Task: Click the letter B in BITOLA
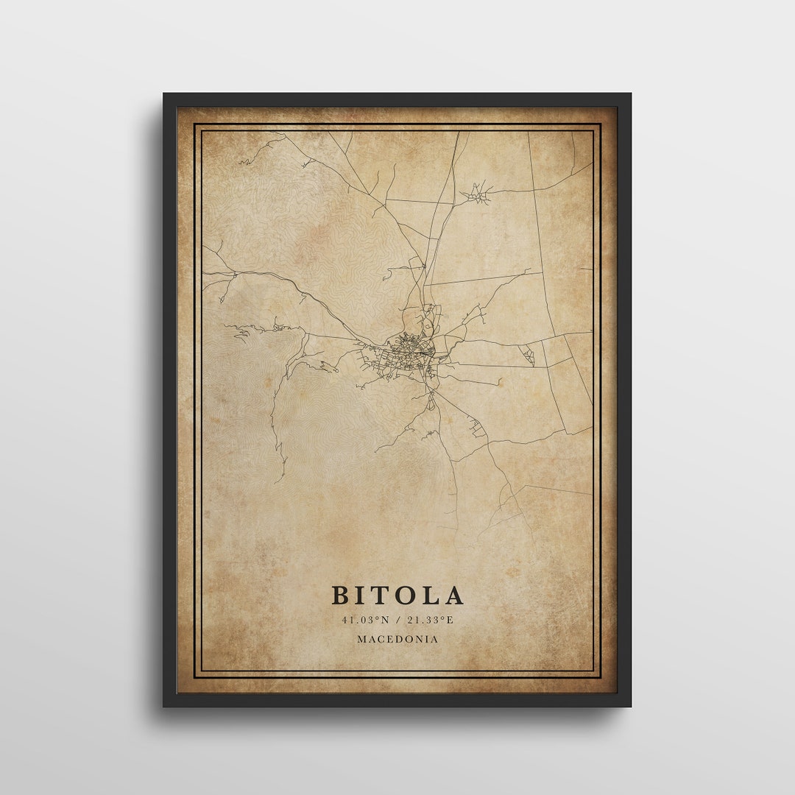tap(341, 595)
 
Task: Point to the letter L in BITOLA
tap(433, 595)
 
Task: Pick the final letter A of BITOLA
tap(454, 595)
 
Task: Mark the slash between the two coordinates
tap(397, 620)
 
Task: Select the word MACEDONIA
tap(397, 639)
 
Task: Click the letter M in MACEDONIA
tap(361, 639)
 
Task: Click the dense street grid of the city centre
tap(406, 346)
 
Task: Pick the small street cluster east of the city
tap(528, 356)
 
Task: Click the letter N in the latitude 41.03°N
tap(388, 620)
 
